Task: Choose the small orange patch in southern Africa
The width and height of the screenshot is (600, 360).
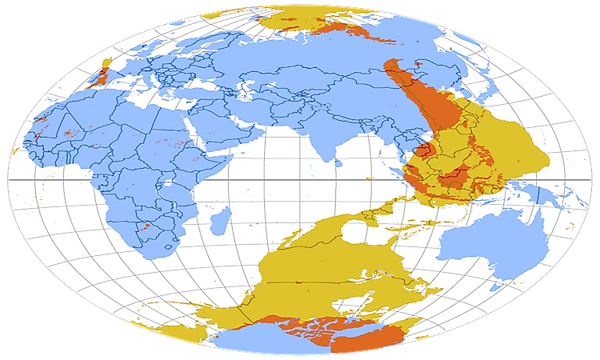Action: tap(146, 228)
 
